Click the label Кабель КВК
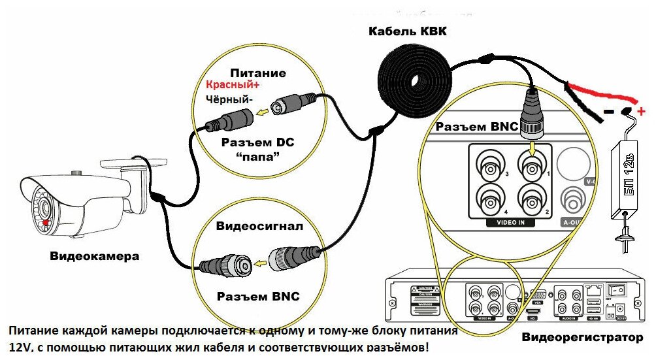pyautogui.click(x=407, y=31)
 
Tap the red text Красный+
pyautogui.click(x=233, y=85)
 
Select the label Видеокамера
pyautogui.click(x=95, y=256)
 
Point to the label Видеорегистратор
pyautogui.click(x=583, y=338)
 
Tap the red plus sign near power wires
pyautogui.click(x=642, y=110)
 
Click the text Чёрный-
pyautogui.click(x=229, y=99)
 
